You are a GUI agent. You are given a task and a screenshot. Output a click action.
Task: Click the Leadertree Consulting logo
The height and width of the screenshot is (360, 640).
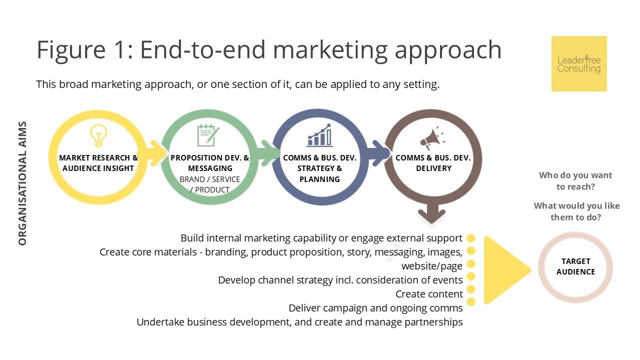579,63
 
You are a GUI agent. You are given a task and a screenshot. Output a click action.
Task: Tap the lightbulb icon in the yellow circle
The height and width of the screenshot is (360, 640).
98,136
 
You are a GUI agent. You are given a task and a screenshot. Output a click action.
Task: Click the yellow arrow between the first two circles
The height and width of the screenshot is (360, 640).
155,153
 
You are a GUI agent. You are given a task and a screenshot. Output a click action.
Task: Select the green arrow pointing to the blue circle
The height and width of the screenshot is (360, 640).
268,153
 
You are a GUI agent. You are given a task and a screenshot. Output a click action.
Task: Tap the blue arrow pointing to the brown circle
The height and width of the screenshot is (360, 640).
379,153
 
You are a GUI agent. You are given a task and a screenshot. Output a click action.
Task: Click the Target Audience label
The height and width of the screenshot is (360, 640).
575,266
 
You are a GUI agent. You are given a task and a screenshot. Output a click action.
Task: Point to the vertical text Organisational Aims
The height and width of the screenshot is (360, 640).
22,183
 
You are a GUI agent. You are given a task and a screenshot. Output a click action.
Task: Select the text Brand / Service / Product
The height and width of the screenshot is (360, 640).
209,184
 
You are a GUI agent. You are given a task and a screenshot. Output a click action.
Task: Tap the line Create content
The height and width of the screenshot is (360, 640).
429,294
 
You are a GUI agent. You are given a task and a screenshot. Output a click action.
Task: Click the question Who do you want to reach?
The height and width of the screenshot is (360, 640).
575,181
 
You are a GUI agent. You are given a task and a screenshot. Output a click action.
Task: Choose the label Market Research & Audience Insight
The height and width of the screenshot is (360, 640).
98,163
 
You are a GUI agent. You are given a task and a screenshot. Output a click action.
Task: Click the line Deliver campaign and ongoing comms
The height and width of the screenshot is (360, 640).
375,308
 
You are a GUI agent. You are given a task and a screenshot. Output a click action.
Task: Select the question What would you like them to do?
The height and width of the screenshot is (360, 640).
576,211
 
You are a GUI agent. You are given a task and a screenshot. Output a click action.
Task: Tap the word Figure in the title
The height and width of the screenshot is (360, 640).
71,50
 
